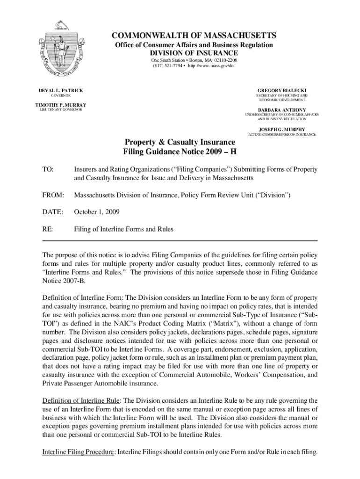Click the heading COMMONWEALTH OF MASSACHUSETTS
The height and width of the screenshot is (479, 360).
194,36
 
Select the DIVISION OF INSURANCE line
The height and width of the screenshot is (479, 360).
194,53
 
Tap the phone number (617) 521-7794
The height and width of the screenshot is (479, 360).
167,66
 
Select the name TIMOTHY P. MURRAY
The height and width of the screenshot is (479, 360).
60,104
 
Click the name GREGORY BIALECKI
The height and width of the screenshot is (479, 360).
282,90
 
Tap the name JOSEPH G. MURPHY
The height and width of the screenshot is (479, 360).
281,129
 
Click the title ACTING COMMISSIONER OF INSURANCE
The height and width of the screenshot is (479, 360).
281,134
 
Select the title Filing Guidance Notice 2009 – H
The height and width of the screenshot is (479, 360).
180,152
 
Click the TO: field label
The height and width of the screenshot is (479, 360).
48,169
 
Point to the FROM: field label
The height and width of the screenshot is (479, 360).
53,195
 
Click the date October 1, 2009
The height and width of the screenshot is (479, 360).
97,212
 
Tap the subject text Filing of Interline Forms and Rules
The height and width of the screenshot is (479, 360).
124,229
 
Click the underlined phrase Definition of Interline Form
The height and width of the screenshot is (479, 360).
82,298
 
